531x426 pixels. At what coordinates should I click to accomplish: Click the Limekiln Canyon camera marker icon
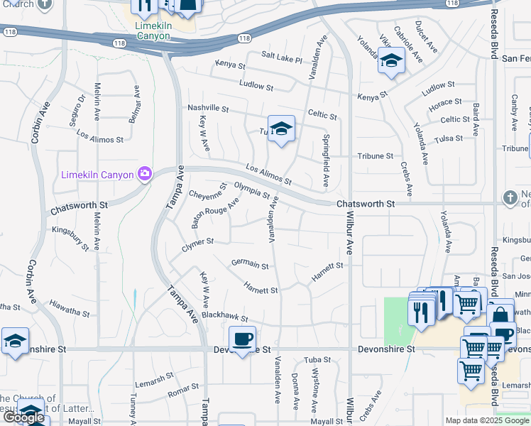145,174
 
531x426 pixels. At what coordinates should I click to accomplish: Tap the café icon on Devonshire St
242,339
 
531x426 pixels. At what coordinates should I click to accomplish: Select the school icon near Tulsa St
281,129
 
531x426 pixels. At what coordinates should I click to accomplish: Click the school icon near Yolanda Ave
390,62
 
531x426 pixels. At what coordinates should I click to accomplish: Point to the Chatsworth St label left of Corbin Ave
78,208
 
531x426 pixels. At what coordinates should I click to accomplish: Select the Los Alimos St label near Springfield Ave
268,175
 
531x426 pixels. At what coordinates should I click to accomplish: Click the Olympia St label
252,191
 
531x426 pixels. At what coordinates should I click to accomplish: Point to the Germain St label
250,264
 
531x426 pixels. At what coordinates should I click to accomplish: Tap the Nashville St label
208,109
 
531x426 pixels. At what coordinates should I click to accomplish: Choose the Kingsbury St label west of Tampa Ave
70,238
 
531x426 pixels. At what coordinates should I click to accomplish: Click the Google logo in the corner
23,417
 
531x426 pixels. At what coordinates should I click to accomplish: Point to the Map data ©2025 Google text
486,420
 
